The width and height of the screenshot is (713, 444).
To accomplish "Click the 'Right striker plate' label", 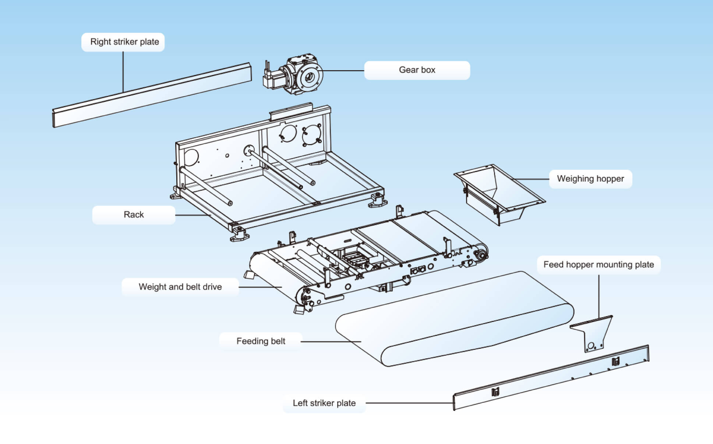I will (x=124, y=42).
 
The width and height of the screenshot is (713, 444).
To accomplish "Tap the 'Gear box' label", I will (x=417, y=70).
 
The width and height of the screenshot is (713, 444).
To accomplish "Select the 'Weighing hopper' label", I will (x=590, y=179).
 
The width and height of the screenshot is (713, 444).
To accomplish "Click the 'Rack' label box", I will (x=134, y=215).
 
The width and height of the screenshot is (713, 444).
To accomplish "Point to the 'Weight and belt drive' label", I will (x=180, y=287).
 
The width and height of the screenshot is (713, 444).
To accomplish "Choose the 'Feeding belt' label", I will (x=261, y=341).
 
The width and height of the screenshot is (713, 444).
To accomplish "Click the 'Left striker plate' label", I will (x=324, y=403).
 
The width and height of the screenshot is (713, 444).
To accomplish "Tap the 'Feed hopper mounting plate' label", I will (x=599, y=265).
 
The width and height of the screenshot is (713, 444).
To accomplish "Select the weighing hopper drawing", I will (x=497, y=193).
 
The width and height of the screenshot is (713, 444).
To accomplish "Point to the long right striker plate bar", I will (x=151, y=96).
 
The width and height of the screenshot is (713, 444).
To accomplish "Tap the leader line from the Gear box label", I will (x=343, y=71).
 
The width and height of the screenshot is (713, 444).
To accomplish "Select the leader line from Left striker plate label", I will (x=409, y=403).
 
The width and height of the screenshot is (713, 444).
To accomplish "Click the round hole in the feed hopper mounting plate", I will (x=591, y=345).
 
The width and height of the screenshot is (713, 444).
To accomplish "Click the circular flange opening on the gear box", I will (x=309, y=77).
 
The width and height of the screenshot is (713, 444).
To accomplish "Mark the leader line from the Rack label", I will (x=193, y=215).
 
